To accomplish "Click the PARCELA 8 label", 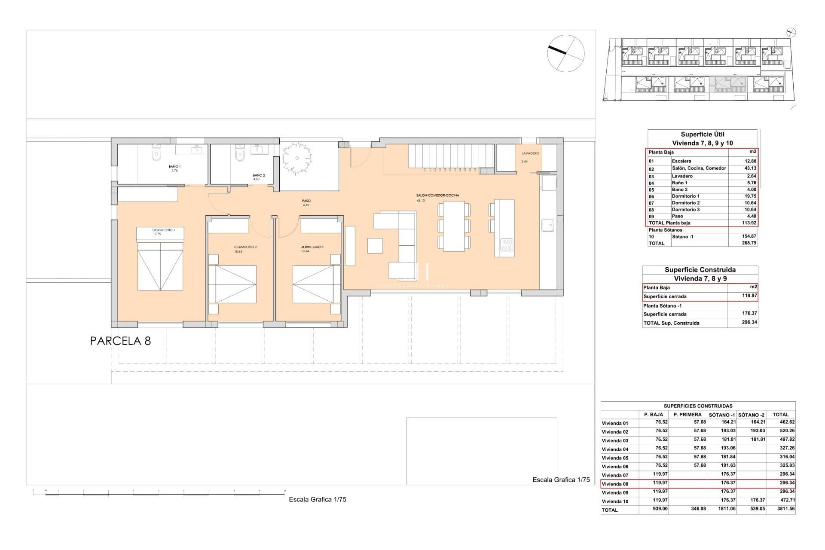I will pyautogui.click(x=120, y=341).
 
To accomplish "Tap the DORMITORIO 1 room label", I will pyautogui.click(x=163, y=230).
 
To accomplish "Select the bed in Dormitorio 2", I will pyautogui.click(x=232, y=284).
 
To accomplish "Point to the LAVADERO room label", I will pyautogui.click(x=530, y=153).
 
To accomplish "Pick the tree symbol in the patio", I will pyautogui.click(x=296, y=158).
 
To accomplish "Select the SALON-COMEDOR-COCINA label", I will pyautogui.click(x=437, y=196).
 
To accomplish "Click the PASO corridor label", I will pyautogui.click(x=306, y=201).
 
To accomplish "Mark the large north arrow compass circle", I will pyautogui.click(x=565, y=53).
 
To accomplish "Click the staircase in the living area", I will pyautogui.click(x=450, y=156).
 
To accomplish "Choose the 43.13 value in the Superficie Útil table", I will pyautogui.click(x=750, y=168).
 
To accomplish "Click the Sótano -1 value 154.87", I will pyautogui.click(x=749, y=236).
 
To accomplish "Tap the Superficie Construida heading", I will pyautogui.click(x=700, y=270).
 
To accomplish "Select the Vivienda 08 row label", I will pyautogui.click(x=615, y=484).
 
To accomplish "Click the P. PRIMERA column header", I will pyautogui.click(x=687, y=415).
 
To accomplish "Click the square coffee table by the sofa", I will pyautogui.click(x=375, y=246).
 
